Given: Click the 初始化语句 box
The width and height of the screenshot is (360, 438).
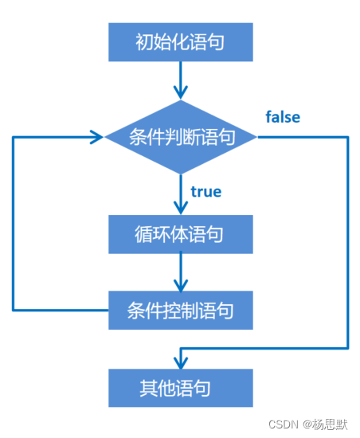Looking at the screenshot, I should click(x=180, y=41).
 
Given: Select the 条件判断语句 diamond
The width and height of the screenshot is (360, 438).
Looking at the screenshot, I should click(x=182, y=137).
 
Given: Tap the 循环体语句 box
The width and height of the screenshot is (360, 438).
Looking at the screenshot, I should click(x=180, y=234).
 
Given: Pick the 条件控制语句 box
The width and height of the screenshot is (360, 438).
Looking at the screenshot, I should click(x=180, y=310).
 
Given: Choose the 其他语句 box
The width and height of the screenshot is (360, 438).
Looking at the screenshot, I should click(x=180, y=388).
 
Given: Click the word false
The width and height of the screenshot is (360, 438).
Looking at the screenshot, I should click(x=283, y=117).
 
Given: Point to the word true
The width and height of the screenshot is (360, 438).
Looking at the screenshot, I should click(x=206, y=191).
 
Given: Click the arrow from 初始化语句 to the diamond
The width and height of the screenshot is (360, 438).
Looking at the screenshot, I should click(x=182, y=80).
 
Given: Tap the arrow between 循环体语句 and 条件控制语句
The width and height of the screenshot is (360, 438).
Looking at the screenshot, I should click(x=182, y=272).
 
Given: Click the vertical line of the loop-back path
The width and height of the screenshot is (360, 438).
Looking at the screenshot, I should click(x=14, y=223).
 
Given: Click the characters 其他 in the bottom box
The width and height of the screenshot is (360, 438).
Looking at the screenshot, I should click(x=156, y=388).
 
